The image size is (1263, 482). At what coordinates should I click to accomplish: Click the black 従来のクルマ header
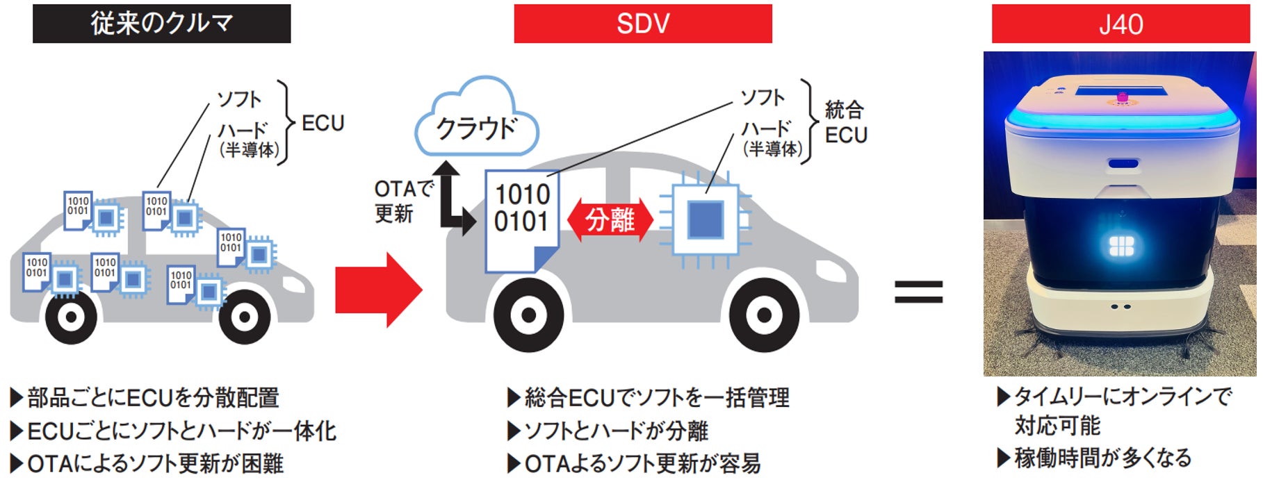(x=161, y=24)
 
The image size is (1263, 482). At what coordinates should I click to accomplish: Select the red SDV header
(x=642, y=24)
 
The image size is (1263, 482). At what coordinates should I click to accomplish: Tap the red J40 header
(x=1120, y=24)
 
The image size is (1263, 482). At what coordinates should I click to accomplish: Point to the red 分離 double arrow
(x=610, y=220)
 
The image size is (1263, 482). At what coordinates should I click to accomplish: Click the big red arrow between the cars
(x=378, y=290)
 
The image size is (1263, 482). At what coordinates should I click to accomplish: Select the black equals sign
(x=918, y=292)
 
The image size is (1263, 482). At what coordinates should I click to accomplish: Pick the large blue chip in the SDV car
(x=705, y=220)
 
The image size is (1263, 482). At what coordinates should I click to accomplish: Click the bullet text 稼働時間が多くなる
(x=1102, y=458)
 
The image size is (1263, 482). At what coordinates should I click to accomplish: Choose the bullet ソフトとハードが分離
(x=616, y=431)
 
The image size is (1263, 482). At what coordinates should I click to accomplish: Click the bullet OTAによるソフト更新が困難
(x=155, y=463)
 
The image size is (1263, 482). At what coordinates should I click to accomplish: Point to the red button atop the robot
(x=1121, y=97)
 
